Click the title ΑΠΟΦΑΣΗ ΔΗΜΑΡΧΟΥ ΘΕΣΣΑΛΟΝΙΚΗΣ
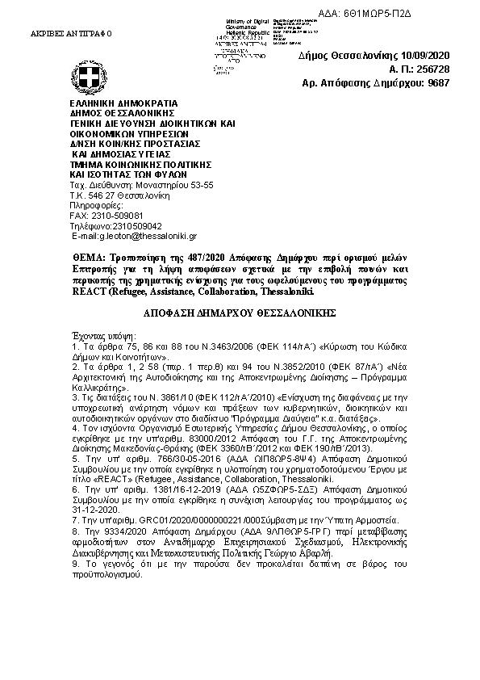pos(240,311)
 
